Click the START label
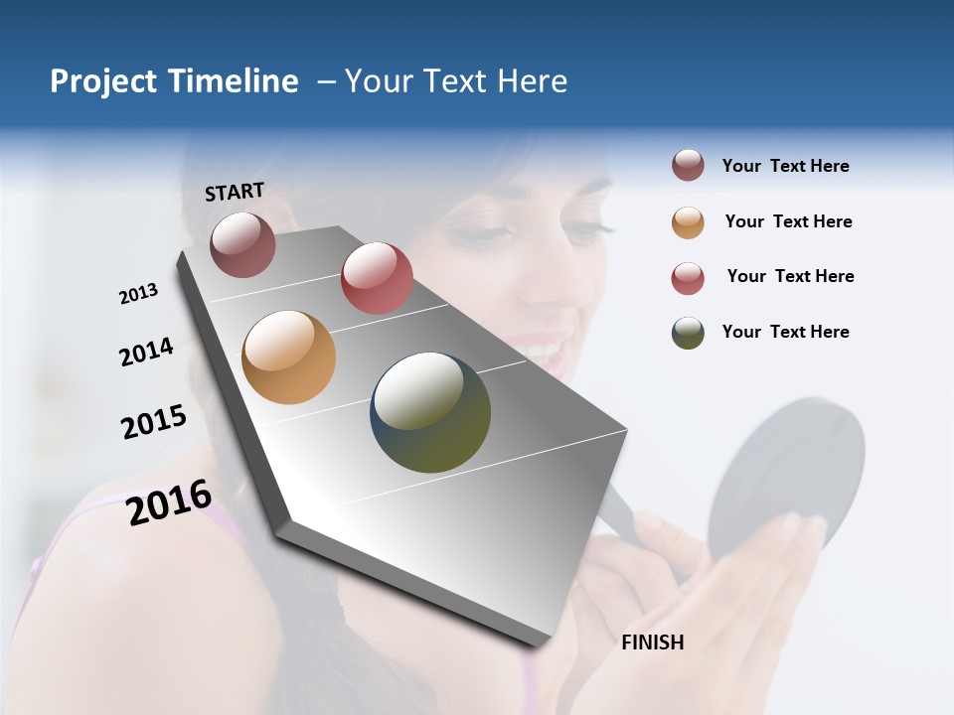235,192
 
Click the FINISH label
652,643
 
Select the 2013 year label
138,294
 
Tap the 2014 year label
146,353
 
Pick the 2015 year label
154,422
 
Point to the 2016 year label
169,502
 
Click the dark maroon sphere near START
242,244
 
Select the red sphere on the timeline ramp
377,278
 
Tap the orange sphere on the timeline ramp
288,357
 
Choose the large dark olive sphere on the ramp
430,412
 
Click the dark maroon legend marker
688,166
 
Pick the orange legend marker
688,221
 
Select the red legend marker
688,277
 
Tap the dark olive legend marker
688,333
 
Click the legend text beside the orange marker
788,221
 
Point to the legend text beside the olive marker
785,332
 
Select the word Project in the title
104,81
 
